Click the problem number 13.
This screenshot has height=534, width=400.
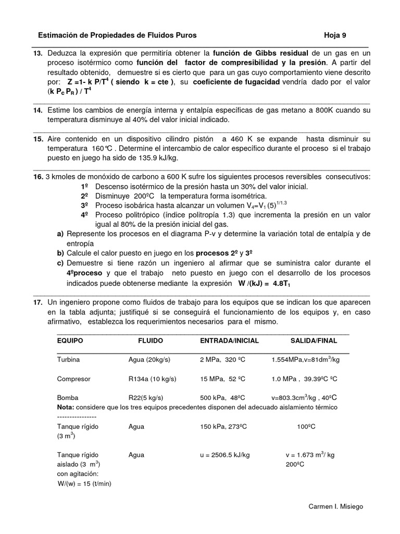coord(38,53)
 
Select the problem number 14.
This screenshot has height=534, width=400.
coord(38,111)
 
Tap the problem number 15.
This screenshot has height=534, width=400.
coord(38,139)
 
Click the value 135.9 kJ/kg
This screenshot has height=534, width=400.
coord(160,159)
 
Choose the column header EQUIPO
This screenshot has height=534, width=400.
coord(70,341)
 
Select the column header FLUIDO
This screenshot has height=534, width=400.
coord(151,341)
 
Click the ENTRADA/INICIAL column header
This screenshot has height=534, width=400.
coord(229,341)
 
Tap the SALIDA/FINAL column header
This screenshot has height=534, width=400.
coord(314,341)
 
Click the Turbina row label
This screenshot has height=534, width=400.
coord(69,360)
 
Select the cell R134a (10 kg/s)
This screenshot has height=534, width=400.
coord(152,379)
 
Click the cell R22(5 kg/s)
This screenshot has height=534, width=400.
coord(148,397)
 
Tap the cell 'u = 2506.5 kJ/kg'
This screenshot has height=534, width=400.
coord(224,455)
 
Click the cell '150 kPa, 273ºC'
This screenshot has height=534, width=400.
coord(223,426)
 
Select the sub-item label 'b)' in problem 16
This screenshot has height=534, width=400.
coord(60,253)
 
